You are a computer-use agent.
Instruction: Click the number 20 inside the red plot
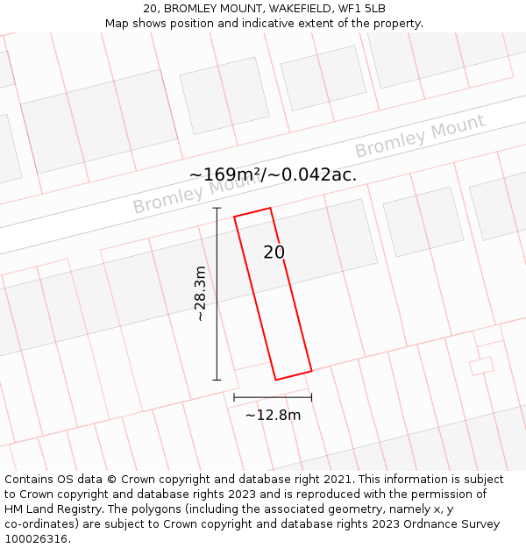[x=274, y=253]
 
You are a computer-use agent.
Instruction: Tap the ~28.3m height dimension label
[x=201, y=294]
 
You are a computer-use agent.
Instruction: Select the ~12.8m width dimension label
[x=273, y=415]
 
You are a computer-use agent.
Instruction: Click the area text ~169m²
[x=224, y=174]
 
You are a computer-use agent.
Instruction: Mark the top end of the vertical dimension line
[x=217, y=208]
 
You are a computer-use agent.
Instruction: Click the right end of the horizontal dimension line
[x=311, y=397]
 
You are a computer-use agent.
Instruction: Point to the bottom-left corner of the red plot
[x=276, y=380]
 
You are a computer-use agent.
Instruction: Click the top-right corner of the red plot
[x=270, y=208]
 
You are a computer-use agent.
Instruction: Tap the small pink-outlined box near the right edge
[x=481, y=366]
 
